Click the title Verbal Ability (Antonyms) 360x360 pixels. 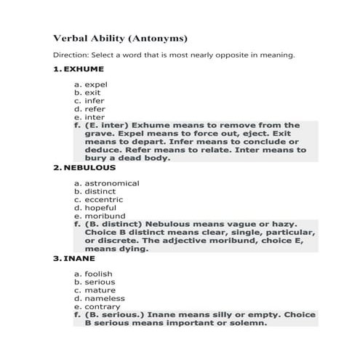[x=121, y=37]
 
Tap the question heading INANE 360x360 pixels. [x=79, y=258]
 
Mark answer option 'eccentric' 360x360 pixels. [x=103, y=199]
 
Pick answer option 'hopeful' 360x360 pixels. [x=100, y=207]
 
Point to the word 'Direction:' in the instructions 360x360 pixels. [x=73, y=55]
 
